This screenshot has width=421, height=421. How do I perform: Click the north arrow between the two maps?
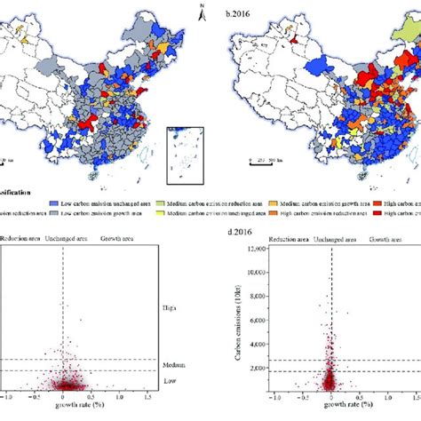[x=203, y=12]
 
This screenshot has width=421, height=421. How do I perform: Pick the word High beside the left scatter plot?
[x=169, y=308]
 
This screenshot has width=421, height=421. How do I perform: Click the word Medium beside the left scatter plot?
[x=173, y=365]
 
